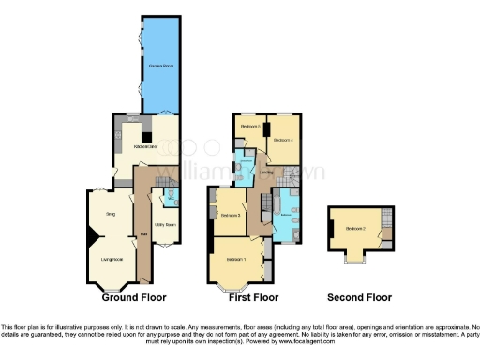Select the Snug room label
coord(110,215)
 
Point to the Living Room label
coord(112,259)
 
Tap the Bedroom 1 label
coord(235,259)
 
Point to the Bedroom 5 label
coord(249,126)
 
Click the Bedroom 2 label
coord(355,229)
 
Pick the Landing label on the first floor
coord(267,172)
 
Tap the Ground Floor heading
coord(134,297)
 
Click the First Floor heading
coord(254,297)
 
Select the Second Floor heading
coord(359,297)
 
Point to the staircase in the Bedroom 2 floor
coord(383,233)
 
